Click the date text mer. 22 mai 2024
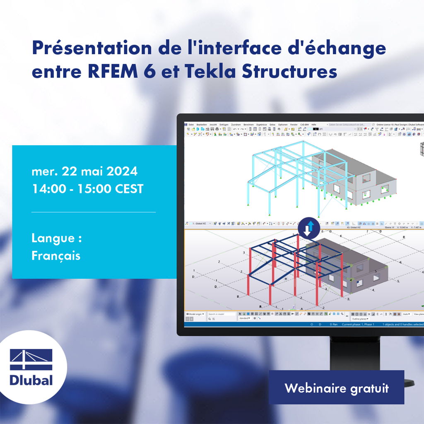[84, 171]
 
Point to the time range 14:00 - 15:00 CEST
[87, 189]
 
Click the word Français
[56, 255]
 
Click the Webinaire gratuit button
[336, 388]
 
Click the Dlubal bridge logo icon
[31, 359]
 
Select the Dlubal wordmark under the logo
[31, 380]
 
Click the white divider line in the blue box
[94, 212]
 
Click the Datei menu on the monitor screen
[191, 125]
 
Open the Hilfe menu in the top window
[314, 125]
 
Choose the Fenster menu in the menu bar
[294, 125]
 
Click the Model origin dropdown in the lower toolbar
[195, 314]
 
